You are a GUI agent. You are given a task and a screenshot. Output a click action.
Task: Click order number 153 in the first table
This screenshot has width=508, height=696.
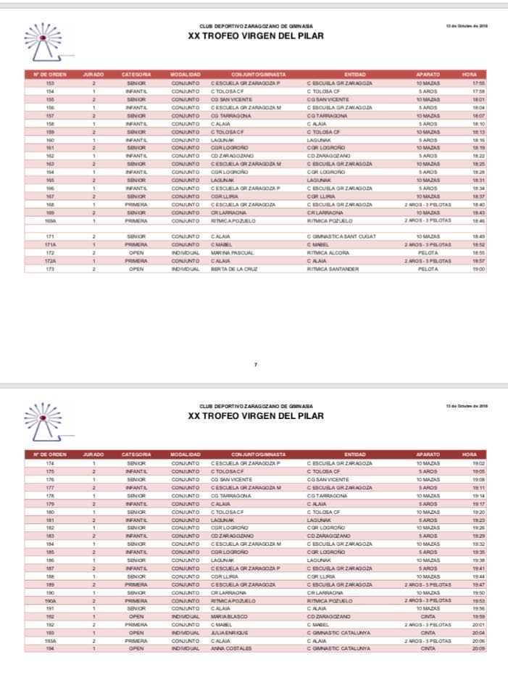50,83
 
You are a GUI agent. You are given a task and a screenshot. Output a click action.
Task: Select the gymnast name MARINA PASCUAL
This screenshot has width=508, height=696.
232,252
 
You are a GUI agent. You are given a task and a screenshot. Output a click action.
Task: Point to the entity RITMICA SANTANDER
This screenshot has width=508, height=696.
333,269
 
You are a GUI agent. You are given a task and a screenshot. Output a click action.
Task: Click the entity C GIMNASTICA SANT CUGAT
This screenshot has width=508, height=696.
341,236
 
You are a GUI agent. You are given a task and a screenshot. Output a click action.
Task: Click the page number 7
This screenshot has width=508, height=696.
255,364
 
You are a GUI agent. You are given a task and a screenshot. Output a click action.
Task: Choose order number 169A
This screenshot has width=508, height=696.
50,220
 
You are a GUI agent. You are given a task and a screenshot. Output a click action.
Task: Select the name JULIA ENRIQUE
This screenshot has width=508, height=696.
230,632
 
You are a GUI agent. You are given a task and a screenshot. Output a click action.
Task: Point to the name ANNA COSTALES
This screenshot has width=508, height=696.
231,648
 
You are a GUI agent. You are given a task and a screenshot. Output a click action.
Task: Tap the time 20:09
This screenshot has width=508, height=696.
478,648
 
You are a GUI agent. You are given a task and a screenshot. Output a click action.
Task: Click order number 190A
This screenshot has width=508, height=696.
50,600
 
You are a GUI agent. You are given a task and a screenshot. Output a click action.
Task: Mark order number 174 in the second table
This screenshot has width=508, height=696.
50,463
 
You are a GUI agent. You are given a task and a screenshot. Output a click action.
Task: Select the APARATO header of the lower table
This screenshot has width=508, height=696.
428,455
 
